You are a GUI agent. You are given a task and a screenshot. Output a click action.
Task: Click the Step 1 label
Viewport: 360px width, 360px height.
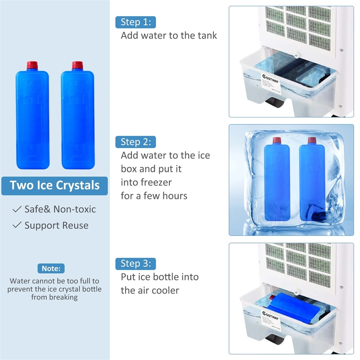click(x=136, y=22)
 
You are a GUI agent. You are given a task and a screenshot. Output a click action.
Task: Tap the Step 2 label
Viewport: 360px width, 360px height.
click(x=136, y=142)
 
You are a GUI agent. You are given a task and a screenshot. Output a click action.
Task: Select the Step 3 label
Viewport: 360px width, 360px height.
click(x=136, y=263)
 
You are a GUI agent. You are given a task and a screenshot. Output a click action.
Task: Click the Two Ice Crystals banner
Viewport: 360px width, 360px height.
click(x=54, y=185)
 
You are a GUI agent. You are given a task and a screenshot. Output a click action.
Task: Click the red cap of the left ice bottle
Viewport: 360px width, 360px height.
click(x=31, y=66)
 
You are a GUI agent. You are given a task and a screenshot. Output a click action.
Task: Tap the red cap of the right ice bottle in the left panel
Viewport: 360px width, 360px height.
click(x=77, y=66)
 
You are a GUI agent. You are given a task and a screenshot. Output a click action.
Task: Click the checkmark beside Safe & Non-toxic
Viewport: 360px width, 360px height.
click(x=17, y=209)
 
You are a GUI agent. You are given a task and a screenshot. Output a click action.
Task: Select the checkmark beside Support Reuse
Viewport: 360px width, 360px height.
click(x=17, y=225)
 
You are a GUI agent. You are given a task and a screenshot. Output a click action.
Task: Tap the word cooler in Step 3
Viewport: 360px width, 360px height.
click(x=165, y=290)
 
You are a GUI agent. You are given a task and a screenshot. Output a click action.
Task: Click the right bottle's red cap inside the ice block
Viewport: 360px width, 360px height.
click(x=311, y=140)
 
